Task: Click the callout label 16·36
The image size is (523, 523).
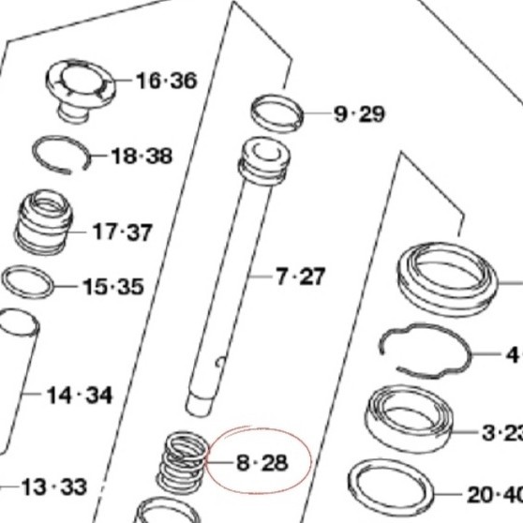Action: coord(166,81)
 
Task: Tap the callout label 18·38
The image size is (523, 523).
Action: coord(142,156)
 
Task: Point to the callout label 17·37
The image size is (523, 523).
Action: coord(122,232)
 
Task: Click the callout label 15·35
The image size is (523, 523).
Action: coord(112,286)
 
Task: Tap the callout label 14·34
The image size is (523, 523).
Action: coord(80,395)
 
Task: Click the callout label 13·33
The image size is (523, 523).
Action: coord(53,486)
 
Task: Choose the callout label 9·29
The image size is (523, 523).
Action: coord(359,114)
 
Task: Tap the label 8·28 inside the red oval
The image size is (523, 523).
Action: coord(261,462)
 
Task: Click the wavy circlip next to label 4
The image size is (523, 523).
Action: coord(426,351)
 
